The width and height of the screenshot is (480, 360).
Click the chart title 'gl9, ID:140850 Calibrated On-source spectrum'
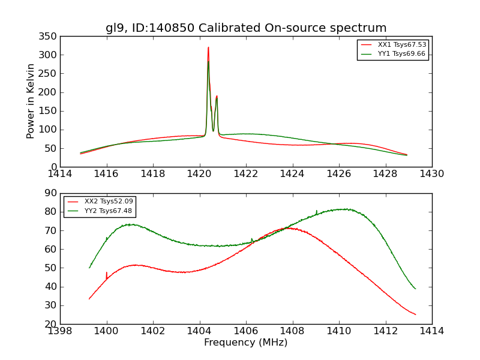[246, 28]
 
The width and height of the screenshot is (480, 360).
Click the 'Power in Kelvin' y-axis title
[31, 101]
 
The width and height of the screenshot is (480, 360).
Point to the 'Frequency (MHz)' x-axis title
[246, 343]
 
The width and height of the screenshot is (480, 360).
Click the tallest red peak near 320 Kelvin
[208, 47]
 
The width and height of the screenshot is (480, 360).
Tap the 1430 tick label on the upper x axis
[432, 174]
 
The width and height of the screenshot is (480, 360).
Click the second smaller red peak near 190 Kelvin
[217, 96]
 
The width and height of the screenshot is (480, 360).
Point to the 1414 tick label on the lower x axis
[432, 331]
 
